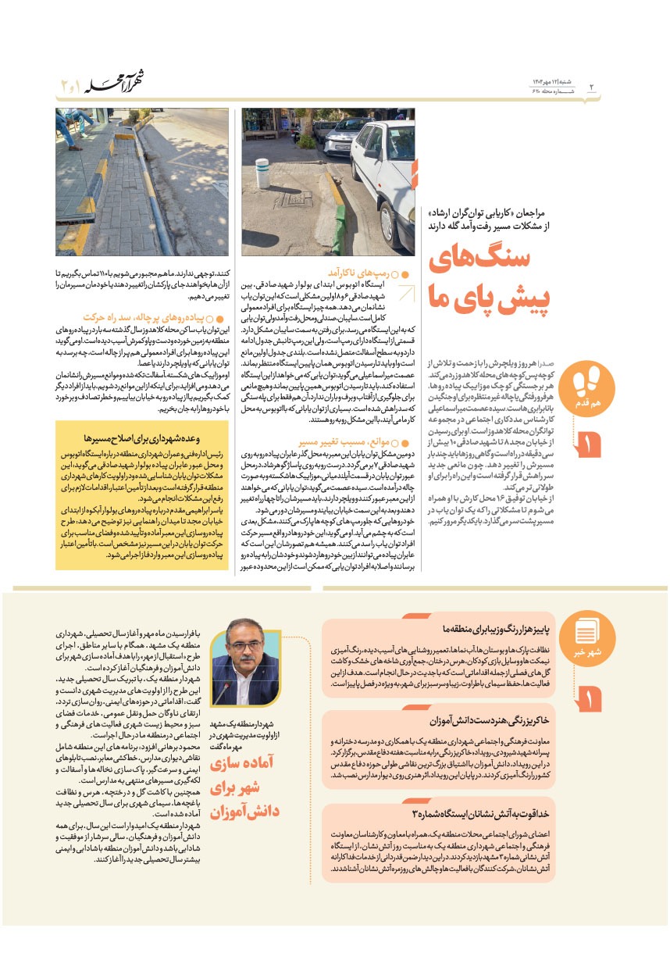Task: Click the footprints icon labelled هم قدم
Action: tap(586, 385)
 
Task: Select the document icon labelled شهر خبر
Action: tap(586, 637)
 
